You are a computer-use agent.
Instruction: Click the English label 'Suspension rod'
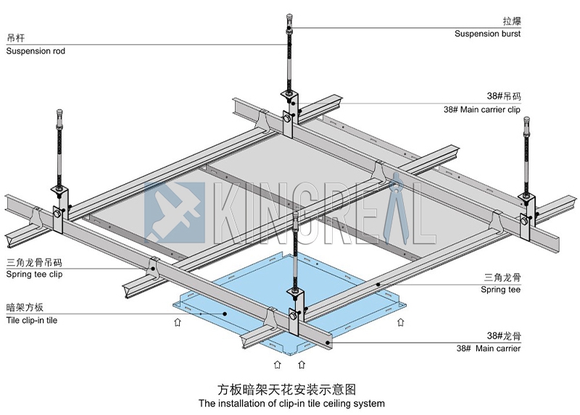pyautogui.click(x=36, y=51)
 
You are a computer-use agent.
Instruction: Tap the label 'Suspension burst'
pyautogui.click(x=487, y=33)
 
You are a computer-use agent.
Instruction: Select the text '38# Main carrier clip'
pyautogui.click(x=481, y=110)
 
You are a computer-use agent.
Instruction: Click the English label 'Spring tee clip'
pyautogui.click(x=35, y=274)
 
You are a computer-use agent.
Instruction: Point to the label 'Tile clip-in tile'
pyautogui.click(x=32, y=320)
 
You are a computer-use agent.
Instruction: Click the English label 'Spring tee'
pyautogui.click(x=500, y=290)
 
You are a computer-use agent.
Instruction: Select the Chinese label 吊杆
pyautogui.click(x=15, y=38)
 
